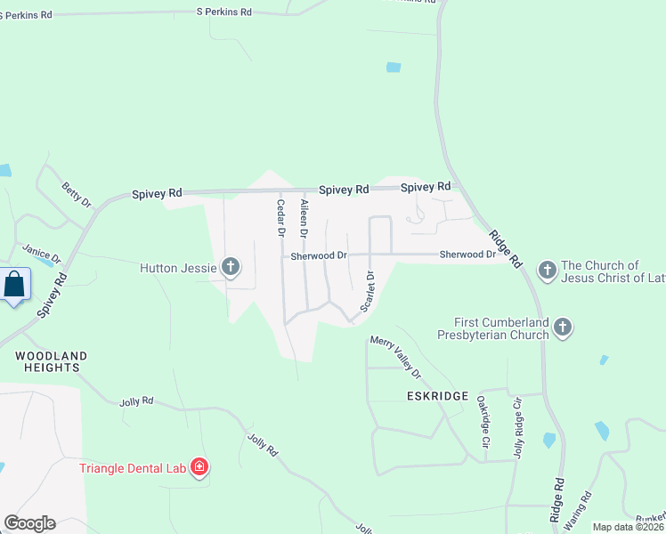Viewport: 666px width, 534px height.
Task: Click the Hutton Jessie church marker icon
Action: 231,266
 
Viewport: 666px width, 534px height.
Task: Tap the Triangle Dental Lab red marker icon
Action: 199,467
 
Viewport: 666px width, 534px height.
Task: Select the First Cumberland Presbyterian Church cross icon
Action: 562,328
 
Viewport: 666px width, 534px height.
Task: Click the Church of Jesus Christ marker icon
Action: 547,268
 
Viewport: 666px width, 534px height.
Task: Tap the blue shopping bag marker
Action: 15,286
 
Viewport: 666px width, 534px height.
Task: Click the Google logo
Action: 29,523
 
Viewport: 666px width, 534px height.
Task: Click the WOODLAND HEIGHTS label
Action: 52,362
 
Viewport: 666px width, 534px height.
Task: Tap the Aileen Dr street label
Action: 305,218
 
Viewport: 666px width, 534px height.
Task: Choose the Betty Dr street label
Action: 77,195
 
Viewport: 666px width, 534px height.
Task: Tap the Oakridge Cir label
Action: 483,422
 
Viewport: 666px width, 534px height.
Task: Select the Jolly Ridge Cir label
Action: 517,428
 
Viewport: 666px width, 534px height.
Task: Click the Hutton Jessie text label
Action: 178,267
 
